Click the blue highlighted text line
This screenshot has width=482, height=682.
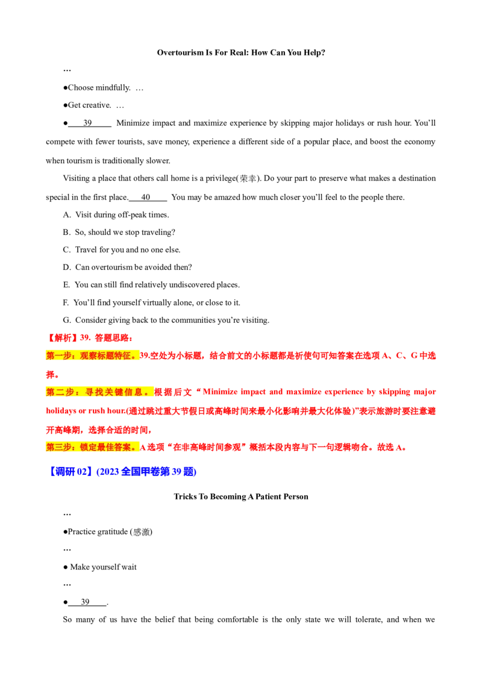coord(123,471)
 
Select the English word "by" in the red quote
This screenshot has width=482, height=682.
coord(371,392)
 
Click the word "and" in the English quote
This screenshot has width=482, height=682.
coord(268,392)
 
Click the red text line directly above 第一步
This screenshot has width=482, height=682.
coord(90,338)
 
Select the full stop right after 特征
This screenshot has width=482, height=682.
coord(134,355)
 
